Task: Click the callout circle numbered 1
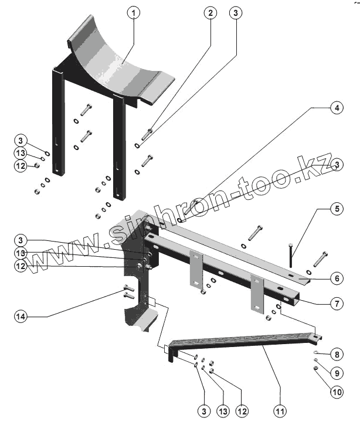pyautogui.click(x=134, y=13)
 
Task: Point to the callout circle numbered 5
pyautogui.click(x=335, y=208)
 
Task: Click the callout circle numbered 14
pyautogui.click(x=22, y=317)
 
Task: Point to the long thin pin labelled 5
pyautogui.click(x=291, y=256)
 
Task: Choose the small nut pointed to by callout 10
pyautogui.click(x=315, y=368)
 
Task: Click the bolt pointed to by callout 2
pyautogui.click(x=148, y=134)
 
